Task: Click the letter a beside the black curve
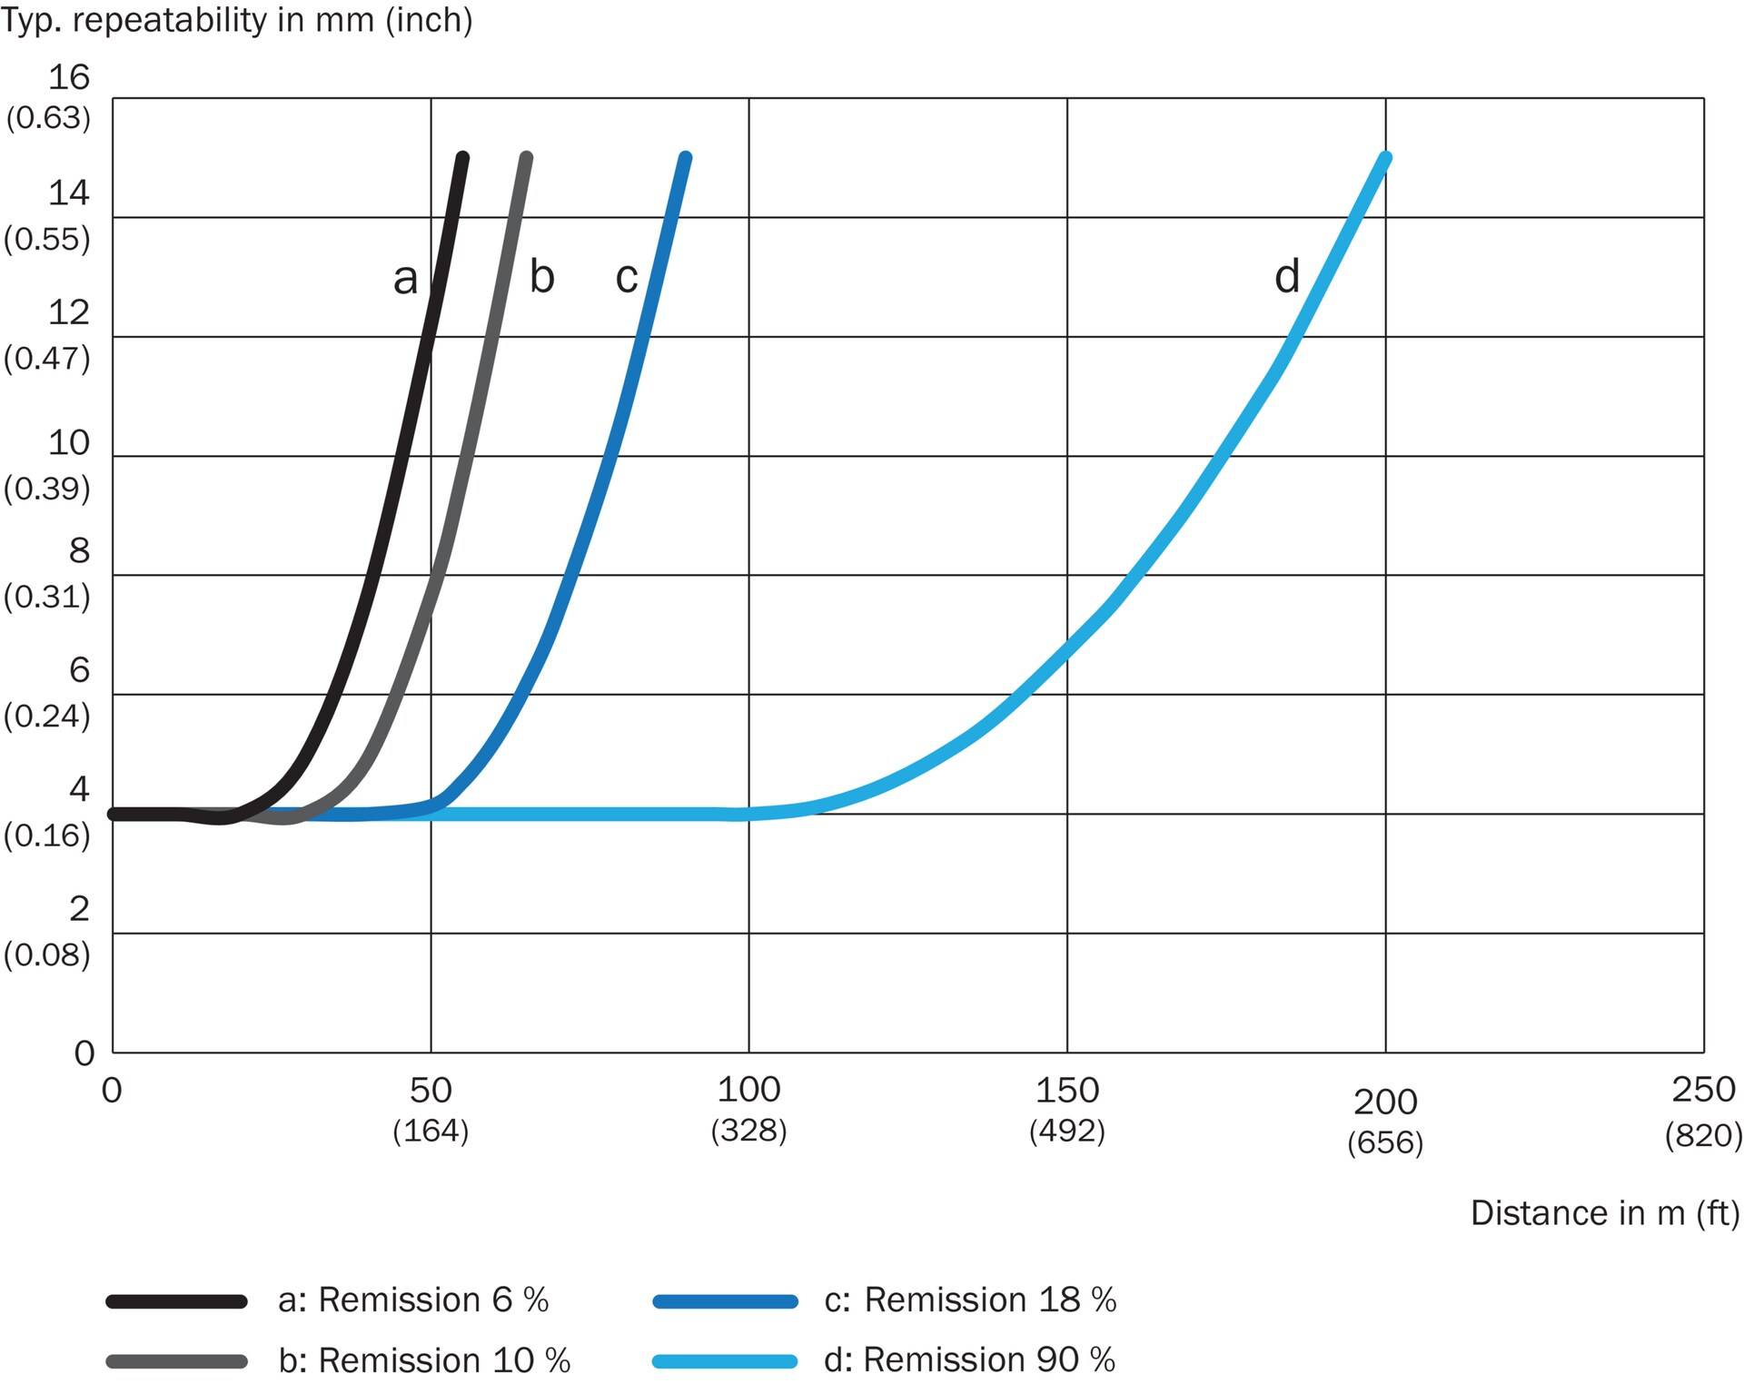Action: [x=405, y=278]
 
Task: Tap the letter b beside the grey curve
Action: [x=541, y=275]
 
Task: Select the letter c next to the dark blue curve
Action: [x=627, y=277]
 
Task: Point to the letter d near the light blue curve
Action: [x=1287, y=275]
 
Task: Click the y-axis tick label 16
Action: [x=69, y=77]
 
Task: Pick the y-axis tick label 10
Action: [x=69, y=442]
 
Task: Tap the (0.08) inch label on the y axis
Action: [x=47, y=954]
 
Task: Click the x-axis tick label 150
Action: [x=1067, y=1090]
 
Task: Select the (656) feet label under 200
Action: [x=1385, y=1142]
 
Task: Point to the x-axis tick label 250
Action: [x=1704, y=1089]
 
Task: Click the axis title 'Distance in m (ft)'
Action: [x=1605, y=1213]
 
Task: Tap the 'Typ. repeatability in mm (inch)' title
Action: [x=236, y=20]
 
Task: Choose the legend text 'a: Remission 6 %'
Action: [x=413, y=1300]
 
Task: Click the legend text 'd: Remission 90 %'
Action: [x=969, y=1359]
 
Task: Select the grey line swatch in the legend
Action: [x=176, y=1361]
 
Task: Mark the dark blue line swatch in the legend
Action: [x=725, y=1301]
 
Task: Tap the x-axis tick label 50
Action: [x=431, y=1090]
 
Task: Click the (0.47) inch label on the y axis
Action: [x=47, y=359]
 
